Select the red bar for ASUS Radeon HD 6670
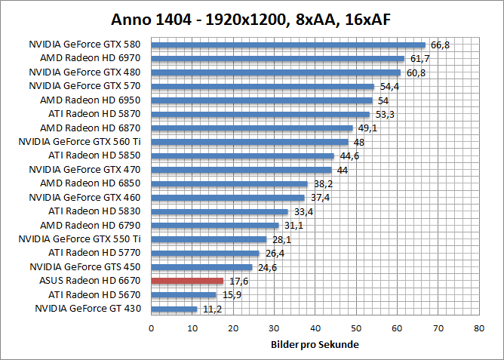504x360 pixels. point(187,281)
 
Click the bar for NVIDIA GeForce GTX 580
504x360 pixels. point(288,45)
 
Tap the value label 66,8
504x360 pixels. point(439,45)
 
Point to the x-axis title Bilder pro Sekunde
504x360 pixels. point(315,345)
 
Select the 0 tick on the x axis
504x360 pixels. point(152,328)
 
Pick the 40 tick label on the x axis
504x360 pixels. point(315,328)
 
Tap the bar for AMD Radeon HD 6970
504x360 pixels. point(278,58)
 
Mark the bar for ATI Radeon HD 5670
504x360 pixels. point(183,295)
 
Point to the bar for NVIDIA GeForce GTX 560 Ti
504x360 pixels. point(250,142)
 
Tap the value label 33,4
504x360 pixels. point(303,211)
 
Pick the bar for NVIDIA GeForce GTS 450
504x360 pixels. point(201,267)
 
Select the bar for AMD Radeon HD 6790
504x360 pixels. point(215,225)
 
